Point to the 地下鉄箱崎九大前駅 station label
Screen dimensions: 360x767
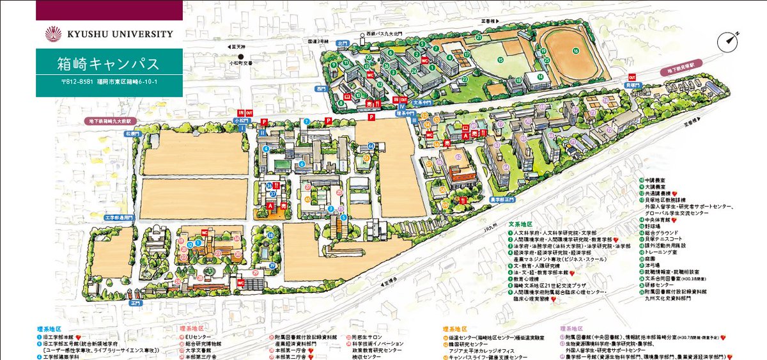point(111,120)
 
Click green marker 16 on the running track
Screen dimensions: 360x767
point(575,51)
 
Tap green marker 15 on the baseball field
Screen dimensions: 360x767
point(500,60)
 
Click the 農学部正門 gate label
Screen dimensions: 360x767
point(501,200)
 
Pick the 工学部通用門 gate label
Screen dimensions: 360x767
point(118,218)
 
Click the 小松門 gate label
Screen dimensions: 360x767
point(241,120)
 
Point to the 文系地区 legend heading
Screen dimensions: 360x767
point(520,224)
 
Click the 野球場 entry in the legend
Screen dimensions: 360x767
point(653,226)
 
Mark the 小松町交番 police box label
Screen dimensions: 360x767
point(241,63)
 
